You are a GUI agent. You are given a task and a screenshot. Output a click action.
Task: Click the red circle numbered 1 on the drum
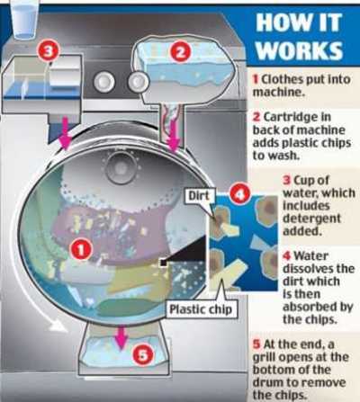click(x=81, y=249)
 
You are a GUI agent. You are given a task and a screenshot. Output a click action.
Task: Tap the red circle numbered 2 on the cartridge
click(x=181, y=52)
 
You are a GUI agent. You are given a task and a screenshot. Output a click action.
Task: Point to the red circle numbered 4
click(x=240, y=194)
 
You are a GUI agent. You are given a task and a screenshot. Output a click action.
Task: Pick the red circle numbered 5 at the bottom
click(x=143, y=355)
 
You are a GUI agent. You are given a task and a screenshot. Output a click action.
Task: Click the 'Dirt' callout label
click(x=199, y=196)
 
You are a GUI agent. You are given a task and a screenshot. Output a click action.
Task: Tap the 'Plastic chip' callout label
click(x=201, y=308)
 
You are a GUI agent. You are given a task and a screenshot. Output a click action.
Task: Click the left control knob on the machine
click(x=103, y=81)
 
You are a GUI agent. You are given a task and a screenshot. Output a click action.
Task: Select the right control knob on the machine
click(x=138, y=81)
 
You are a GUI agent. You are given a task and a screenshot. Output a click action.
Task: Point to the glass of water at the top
click(x=24, y=19)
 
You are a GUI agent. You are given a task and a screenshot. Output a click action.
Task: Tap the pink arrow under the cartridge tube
click(x=173, y=134)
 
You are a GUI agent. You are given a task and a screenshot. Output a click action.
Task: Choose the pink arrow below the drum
click(x=121, y=338)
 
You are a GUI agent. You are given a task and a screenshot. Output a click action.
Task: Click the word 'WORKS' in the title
click(x=300, y=50)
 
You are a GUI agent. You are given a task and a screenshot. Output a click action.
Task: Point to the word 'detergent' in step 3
click(x=311, y=219)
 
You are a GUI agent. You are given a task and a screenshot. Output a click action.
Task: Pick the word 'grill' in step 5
click(x=263, y=358)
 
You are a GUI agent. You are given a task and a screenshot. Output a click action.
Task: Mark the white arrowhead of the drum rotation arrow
click(x=58, y=326)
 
